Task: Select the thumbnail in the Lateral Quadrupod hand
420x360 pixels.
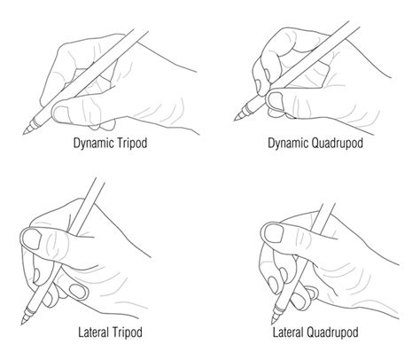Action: pos(271,232)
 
